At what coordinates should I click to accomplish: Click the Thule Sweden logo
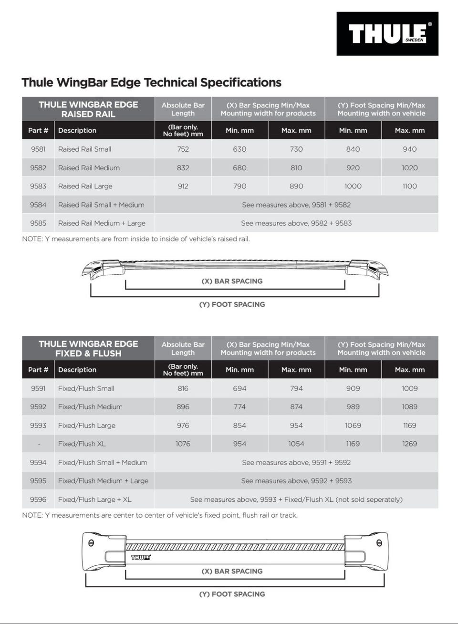[x=387, y=34]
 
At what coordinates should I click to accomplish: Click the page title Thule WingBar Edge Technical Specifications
[x=151, y=83]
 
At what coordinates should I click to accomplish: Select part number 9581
[x=38, y=149]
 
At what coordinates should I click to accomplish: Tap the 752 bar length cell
[x=183, y=149]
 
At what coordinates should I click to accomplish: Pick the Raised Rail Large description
[x=85, y=186]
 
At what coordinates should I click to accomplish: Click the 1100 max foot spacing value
[x=409, y=186]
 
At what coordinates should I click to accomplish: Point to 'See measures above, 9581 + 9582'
[x=296, y=205]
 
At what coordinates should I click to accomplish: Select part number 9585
[x=38, y=223]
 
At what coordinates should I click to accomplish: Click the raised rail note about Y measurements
[x=136, y=239]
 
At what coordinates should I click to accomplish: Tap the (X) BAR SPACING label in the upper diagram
[x=232, y=281]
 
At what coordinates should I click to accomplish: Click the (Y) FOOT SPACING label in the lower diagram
[x=232, y=594]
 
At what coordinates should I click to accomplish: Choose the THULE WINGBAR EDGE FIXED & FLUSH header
[x=88, y=348]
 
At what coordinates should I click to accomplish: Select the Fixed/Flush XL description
[x=82, y=444]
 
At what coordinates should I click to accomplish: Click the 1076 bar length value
[x=183, y=444]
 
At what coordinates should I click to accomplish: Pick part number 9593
[x=38, y=426]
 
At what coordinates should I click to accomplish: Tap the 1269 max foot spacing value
[x=409, y=444]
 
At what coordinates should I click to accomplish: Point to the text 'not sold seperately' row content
[x=296, y=499]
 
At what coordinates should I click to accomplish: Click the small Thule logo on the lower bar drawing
[x=141, y=557]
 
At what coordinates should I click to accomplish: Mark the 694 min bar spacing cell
[x=239, y=388]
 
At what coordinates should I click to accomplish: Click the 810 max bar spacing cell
[x=296, y=168]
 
